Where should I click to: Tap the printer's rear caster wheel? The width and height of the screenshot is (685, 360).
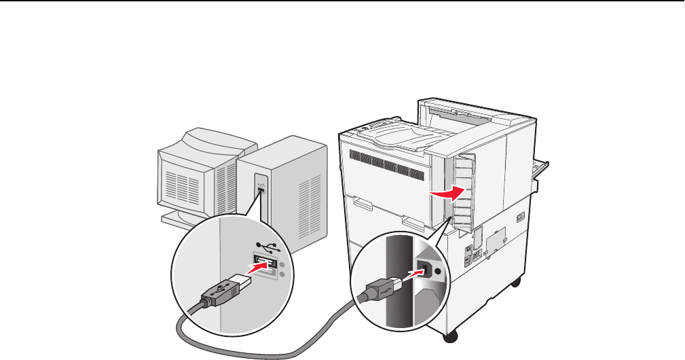[517, 280]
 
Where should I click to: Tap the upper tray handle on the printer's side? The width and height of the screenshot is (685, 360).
[361, 202]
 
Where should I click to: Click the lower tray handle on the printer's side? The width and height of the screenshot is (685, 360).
[411, 221]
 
